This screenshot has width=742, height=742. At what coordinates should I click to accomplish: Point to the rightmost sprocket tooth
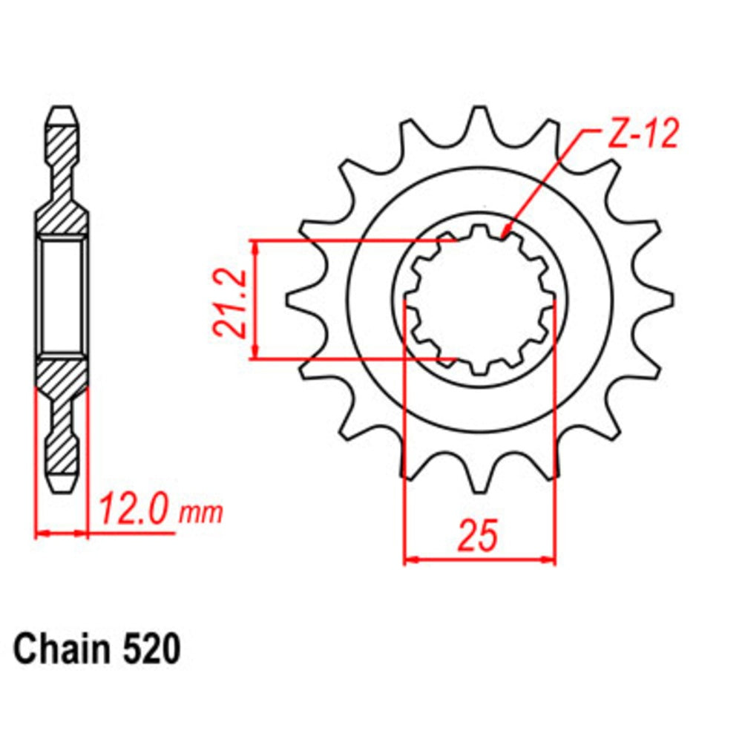point(662,299)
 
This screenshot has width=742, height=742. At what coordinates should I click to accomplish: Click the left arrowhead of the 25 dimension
point(410,558)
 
